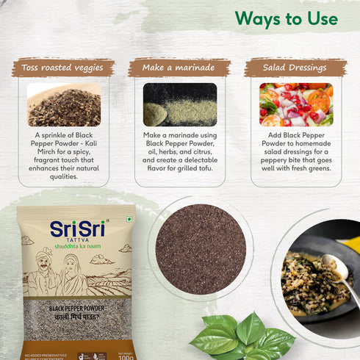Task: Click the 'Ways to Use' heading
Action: coord(286,18)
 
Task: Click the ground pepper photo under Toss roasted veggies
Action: coord(64,104)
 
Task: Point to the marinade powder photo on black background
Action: coord(180,104)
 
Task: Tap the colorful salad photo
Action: coord(296,104)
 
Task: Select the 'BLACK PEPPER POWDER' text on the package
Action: coord(76,310)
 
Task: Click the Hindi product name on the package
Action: coord(76,319)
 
